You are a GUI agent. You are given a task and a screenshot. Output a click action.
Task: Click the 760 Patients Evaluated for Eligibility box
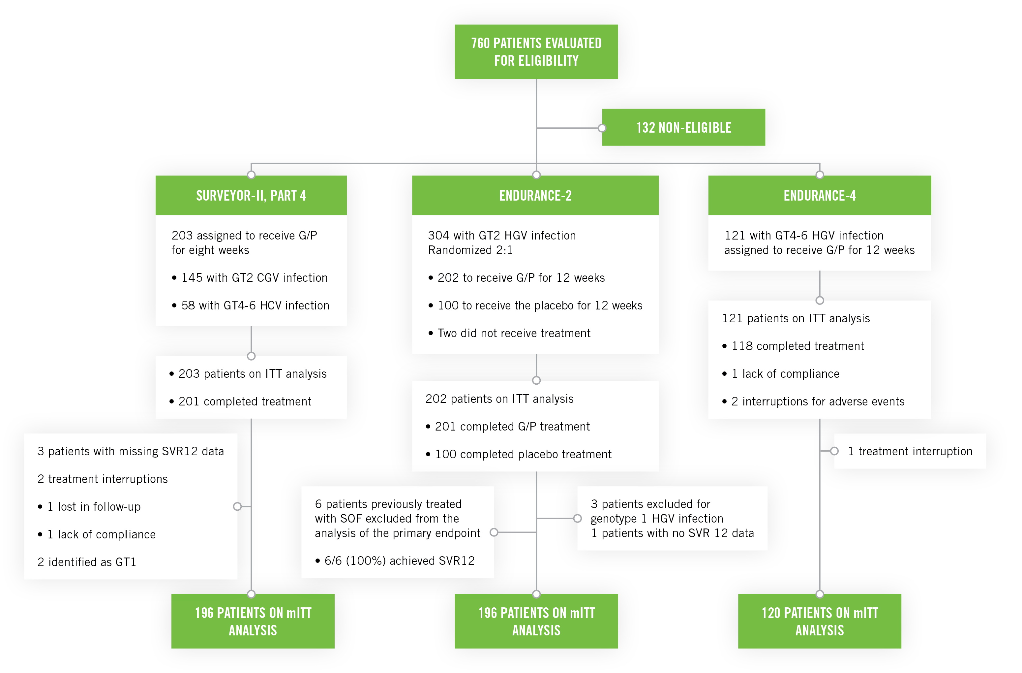pyautogui.click(x=536, y=51)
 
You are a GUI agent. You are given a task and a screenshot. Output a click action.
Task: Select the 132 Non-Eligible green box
pyautogui.click(x=684, y=128)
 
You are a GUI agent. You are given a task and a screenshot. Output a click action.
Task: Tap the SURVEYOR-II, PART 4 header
pyautogui.click(x=251, y=196)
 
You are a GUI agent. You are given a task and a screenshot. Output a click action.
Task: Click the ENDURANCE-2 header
pyautogui.click(x=535, y=196)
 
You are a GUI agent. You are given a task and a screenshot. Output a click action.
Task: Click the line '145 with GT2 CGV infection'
pyautogui.click(x=254, y=278)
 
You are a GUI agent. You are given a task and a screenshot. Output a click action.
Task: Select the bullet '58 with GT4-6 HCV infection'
pyautogui.click(x=255, y=305)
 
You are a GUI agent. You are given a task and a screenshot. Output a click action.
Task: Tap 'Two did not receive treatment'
pyautogui.click(x=514, y=333)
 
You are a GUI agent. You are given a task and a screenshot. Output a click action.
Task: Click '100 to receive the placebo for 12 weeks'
pyautogui.click(x=540, y=305)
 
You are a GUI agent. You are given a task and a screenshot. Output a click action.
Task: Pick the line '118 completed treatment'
pyautogui.click(x=797, y=346)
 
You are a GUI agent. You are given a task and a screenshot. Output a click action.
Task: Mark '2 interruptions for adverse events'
pyautogui.click(x=818, y=401)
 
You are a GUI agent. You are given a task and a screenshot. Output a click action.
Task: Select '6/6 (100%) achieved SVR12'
pyautogui.click(x=399, y=561)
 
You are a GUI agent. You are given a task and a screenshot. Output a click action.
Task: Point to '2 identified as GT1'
pyautogui.click(x=87, y=562)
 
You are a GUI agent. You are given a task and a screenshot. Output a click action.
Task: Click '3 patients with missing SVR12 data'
pyautogui.click(x=131, y=451)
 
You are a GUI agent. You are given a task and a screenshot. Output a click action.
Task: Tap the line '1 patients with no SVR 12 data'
pyautogui.click(x=673, y=533)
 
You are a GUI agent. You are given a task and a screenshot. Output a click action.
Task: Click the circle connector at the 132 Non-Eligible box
pyautogui.click(x=602, y=128)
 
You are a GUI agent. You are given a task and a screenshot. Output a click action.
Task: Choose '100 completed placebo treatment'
pyautogui.click(x=523, y=454)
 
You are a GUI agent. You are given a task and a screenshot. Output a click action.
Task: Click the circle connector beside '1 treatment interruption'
pyautogui.click(x=834, y=451)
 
